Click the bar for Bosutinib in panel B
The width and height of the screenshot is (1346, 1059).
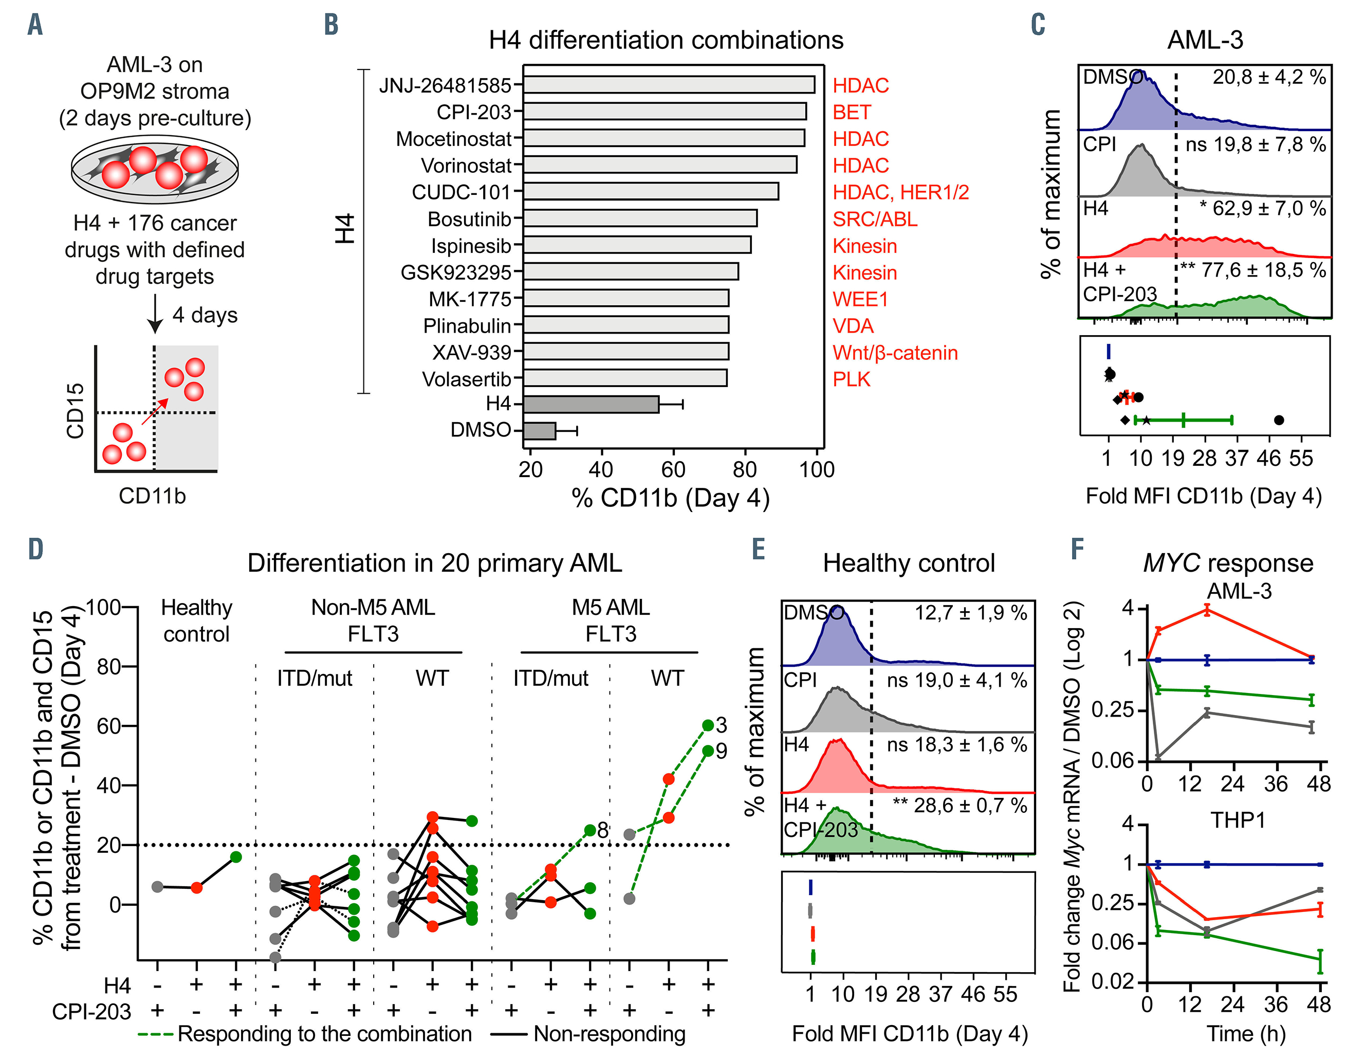tap(639, 218)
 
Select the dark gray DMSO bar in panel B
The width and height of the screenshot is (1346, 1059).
tap(539, 431)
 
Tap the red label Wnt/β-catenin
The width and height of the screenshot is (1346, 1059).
tap(895, 353)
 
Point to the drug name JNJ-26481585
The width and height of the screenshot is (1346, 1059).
tap(445, 85)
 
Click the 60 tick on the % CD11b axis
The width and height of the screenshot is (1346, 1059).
tap(673, 469)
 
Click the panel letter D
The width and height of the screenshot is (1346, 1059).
tap(35, 550)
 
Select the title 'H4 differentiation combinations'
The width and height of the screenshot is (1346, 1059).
tap(666, 40)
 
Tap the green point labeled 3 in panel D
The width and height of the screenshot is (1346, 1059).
tap(708, 725)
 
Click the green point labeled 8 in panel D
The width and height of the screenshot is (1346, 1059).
tap(590, 830)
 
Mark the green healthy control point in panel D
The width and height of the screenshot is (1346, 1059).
tap(235, 857)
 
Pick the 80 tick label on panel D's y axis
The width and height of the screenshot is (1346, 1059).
tap(109, 667)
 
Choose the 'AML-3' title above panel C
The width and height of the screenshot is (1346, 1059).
tap(1205, 40)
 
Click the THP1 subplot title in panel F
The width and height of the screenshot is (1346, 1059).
tap(1238, 820)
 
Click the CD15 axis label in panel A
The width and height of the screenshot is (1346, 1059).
tap(75, 410)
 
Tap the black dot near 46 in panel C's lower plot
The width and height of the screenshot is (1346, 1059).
tap(1279, 421)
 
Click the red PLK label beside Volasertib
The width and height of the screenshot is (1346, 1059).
tap(851, 379)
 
